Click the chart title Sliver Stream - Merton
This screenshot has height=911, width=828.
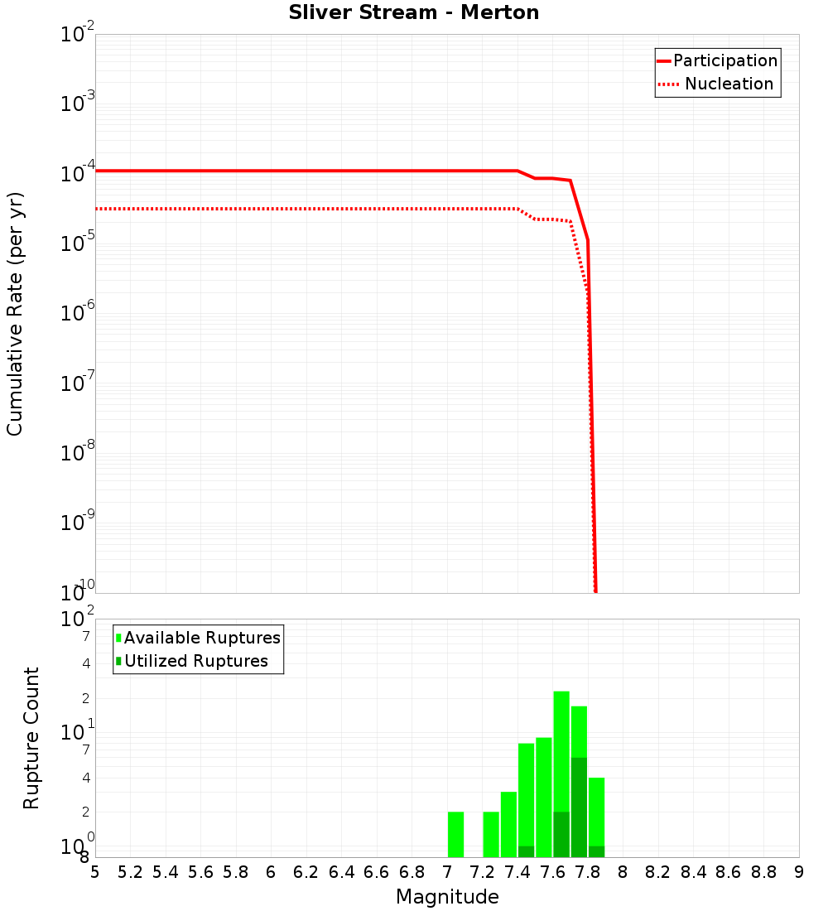pos(414,13)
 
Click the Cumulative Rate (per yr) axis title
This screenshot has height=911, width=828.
pos(15,313)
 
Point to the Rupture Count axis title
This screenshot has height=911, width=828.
pos(31,737)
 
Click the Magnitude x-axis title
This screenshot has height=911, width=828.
pos(447,897)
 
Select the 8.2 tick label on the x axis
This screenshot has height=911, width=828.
pos(658,872)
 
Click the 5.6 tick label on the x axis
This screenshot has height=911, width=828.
pos(200,872)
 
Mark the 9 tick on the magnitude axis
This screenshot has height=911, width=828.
pos(798,872)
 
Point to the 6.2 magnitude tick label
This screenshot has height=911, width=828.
pos(306,872)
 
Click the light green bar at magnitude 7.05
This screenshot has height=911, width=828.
pos(455,834)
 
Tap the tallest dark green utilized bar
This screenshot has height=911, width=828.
pos(579,807)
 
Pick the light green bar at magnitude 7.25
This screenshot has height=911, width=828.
pos(491,834)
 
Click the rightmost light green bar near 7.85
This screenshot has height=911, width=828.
pos(596,812)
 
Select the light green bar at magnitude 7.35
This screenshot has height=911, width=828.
pos(508,824)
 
